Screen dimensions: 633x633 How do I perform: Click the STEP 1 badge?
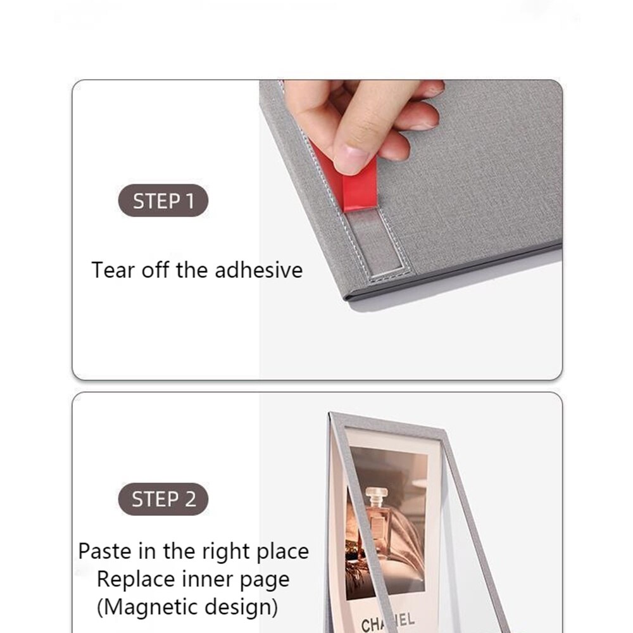(x=163, y=201)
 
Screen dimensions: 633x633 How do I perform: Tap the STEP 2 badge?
(x=163, y=499)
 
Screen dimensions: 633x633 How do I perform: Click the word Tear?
(x=113, y=270)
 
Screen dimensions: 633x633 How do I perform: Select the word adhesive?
(x=258, y=270)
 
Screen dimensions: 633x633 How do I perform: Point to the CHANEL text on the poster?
(x=388, y=622)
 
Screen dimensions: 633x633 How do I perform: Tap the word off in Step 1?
(x=154, y=270)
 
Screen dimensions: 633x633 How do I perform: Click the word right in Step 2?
(x=227, y=551)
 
